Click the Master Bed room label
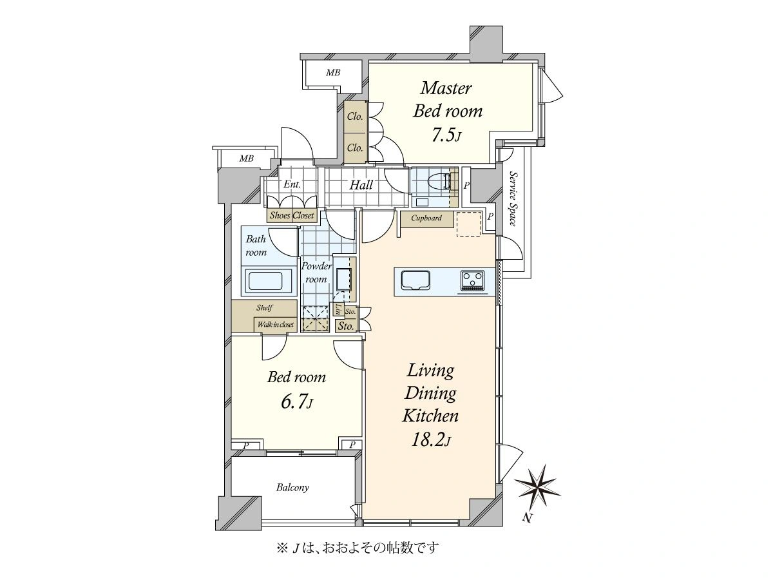coord(447,99)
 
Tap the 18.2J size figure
coord(431,441)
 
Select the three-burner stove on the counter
coord(473,281)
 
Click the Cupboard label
coord(426,218)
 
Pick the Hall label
coord(361,185)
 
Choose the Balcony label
coord(292,487)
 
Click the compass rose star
coord(537,487)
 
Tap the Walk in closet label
coord(276,324)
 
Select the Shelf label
coord(264,307)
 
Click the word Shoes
coord(280,215)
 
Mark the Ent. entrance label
coord(292,184)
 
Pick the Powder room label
coord(316,273)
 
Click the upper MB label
coord(333,73)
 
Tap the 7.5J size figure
coord(446,136)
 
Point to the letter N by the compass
coord(526,517)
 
